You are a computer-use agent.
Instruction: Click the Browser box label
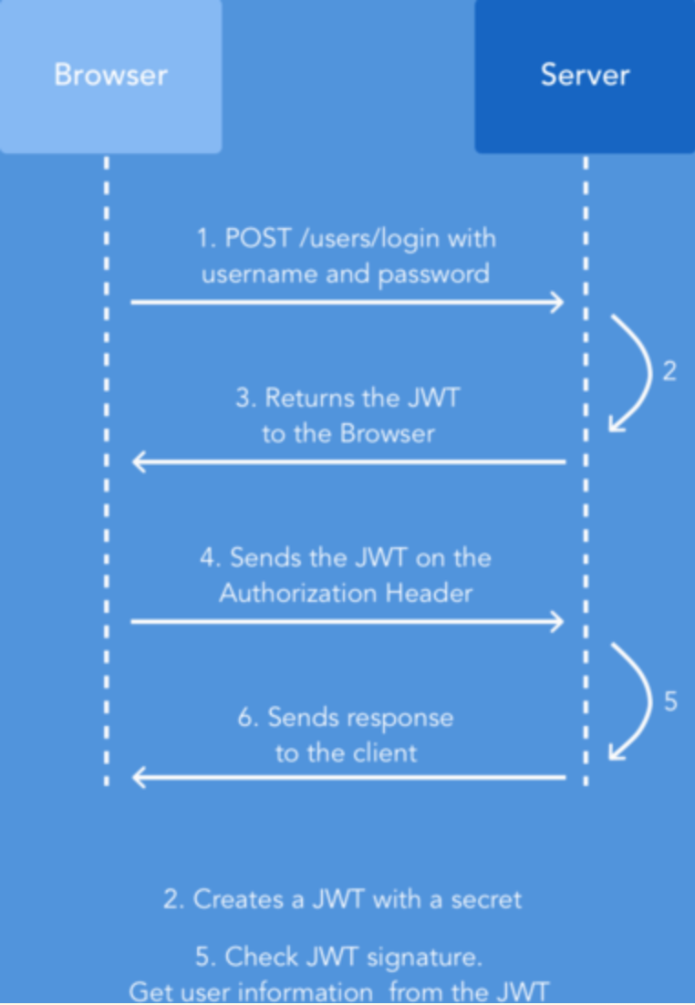pos(110,75)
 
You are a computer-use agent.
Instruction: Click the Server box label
pos(585,75)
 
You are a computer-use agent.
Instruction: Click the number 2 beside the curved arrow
pos(669,373)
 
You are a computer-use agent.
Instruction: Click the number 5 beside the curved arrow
pos(670,703)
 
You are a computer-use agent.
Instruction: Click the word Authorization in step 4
pos(298,593)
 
